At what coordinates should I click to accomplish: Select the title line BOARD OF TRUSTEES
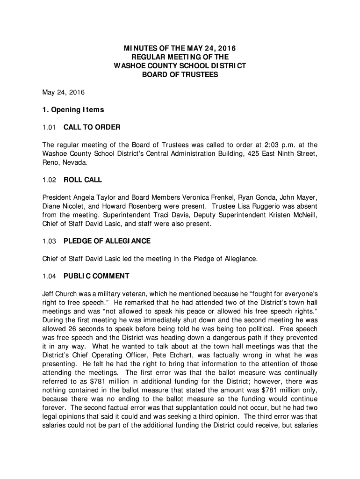pos(180,75)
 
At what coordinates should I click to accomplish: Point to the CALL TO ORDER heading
pos(92,127)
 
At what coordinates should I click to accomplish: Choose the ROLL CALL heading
pos(83,180)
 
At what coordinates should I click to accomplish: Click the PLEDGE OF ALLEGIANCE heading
pos(107,241)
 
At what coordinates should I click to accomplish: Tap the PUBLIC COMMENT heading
pos(96,276)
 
